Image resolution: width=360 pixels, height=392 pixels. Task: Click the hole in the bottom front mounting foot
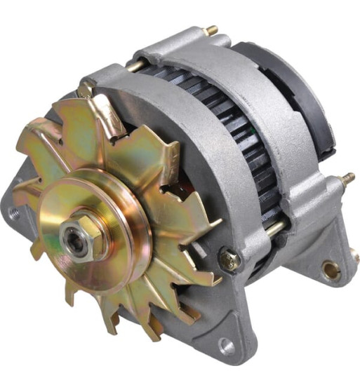225,344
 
